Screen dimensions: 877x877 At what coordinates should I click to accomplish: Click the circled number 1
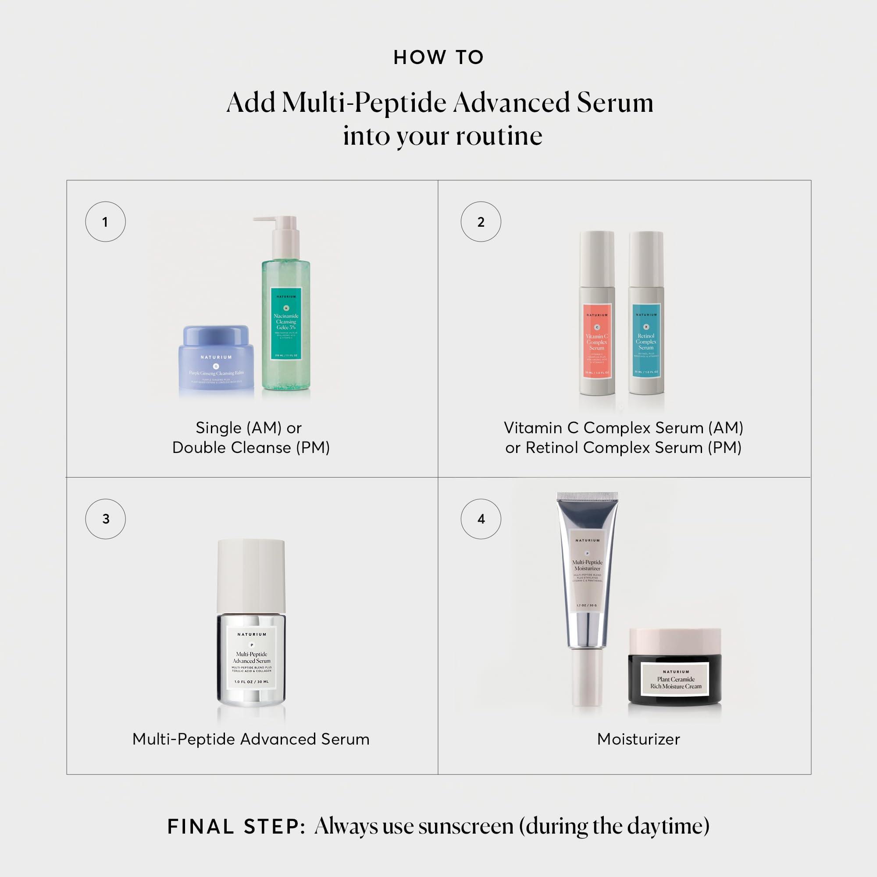click(x=105, y=221)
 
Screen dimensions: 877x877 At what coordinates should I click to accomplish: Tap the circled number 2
click(x=481, y=221)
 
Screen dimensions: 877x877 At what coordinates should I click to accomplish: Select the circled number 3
click(x=105, y=519)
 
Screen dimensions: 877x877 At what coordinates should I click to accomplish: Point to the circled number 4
click(x=481, y=519)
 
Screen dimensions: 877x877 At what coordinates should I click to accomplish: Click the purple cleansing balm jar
click(x=216, y=361)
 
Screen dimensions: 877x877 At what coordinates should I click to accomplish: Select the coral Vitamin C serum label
click(x=597, y=340)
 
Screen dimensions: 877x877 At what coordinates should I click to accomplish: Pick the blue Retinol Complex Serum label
click(x=646, y=340)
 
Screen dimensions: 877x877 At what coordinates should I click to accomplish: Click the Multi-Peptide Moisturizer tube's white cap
click(x=587, y=676)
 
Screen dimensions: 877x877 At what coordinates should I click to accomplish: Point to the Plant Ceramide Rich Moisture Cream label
click(x=675, y=680)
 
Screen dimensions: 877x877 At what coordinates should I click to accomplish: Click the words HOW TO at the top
click(x=438, y=57)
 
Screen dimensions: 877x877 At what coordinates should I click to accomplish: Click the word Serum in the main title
click(x=615, y=103)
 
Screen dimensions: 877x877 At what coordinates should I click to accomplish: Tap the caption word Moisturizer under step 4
click(x=638, y=739)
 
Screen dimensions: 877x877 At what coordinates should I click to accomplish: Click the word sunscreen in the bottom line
click(x=466, y=827)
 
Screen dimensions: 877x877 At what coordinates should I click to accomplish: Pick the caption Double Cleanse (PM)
click(x=250, y=448)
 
